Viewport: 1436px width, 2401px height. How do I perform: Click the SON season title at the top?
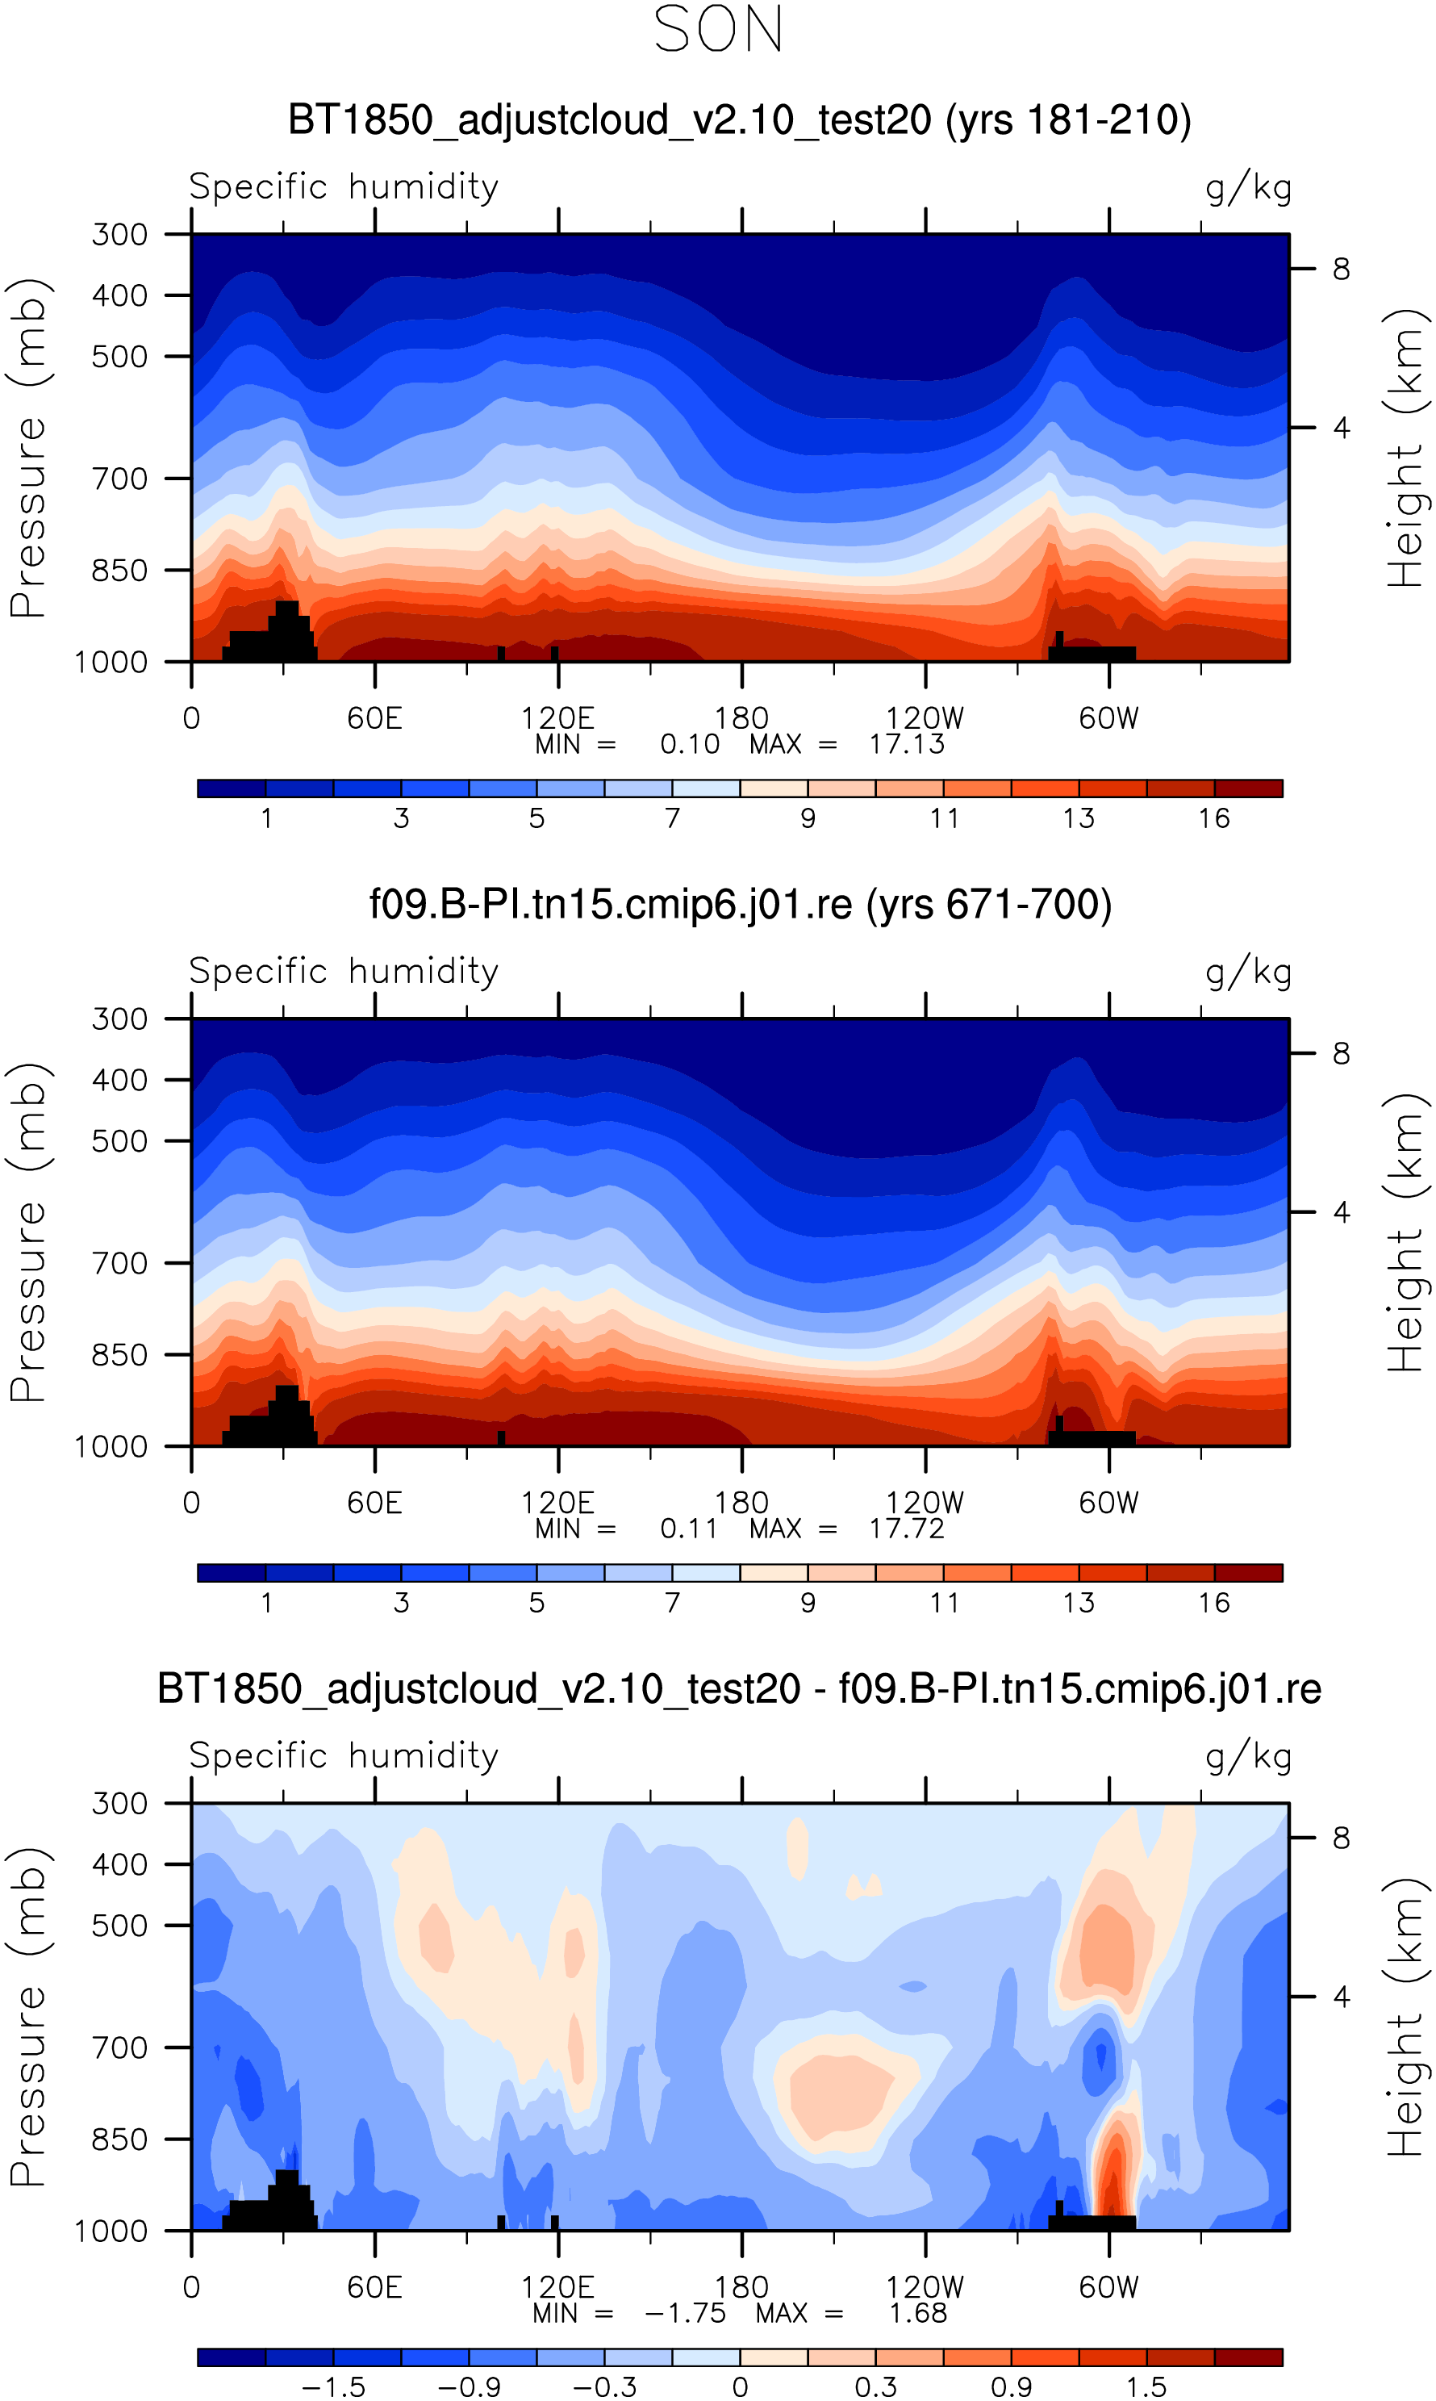[x=718, y=31]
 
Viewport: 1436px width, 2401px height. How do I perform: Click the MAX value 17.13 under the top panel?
[x=906, y=744]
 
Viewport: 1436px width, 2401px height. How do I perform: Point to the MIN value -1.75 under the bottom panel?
[x=684, y=2313]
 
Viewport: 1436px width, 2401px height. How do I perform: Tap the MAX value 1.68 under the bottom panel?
[x=917, y=2313]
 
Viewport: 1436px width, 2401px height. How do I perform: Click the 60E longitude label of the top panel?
[x=374, y=718]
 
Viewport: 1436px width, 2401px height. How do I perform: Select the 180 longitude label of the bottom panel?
[x=741, y=2287]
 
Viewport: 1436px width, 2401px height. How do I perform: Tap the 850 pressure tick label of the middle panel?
[x=120, y=1355]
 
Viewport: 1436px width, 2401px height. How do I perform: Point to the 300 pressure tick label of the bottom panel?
[x=120, y=1803]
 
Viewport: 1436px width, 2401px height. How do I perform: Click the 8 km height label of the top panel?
[x=1340, y=269]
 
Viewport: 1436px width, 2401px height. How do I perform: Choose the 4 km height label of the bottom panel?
[x=1340, y=1997]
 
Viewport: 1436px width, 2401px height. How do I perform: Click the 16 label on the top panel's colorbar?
[x=1213, y=818]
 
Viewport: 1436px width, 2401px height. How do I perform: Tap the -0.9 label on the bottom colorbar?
[x=469, y=2386]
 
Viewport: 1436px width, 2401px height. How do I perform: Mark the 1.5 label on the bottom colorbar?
[x=1146, y=2386]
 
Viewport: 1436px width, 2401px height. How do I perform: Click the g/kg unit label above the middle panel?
[x=1248, y=971]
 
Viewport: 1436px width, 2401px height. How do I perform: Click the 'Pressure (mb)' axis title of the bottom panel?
[x=29, y=2018]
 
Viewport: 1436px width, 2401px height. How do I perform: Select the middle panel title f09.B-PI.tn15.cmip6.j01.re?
[x=741, y=904]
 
